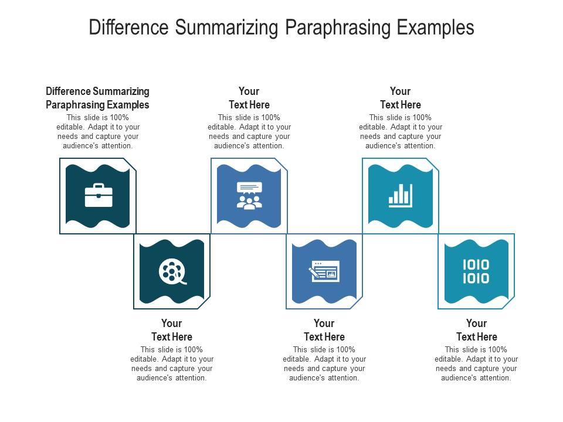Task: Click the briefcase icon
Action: (99, 195)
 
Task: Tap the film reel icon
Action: (172, 271)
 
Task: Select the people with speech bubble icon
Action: (250, 196)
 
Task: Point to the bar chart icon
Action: (401, 196)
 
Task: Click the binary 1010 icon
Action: (476, 271)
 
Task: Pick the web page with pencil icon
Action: (324, 271)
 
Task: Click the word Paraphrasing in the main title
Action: (338, 28)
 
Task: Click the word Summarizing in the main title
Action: (226, 28)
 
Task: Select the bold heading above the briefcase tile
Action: (98, 98)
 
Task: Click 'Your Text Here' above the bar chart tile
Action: (401, 98)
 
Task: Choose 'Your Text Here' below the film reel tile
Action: (172, 330)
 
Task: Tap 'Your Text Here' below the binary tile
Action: (476, 330)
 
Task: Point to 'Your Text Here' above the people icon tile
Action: (249, 98)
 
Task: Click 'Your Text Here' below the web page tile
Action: (324, 330)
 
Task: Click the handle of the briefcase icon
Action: (99, 186)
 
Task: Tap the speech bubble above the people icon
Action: (250, 188)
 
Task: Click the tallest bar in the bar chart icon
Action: (410, 194)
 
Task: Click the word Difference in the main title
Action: (128, 28)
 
